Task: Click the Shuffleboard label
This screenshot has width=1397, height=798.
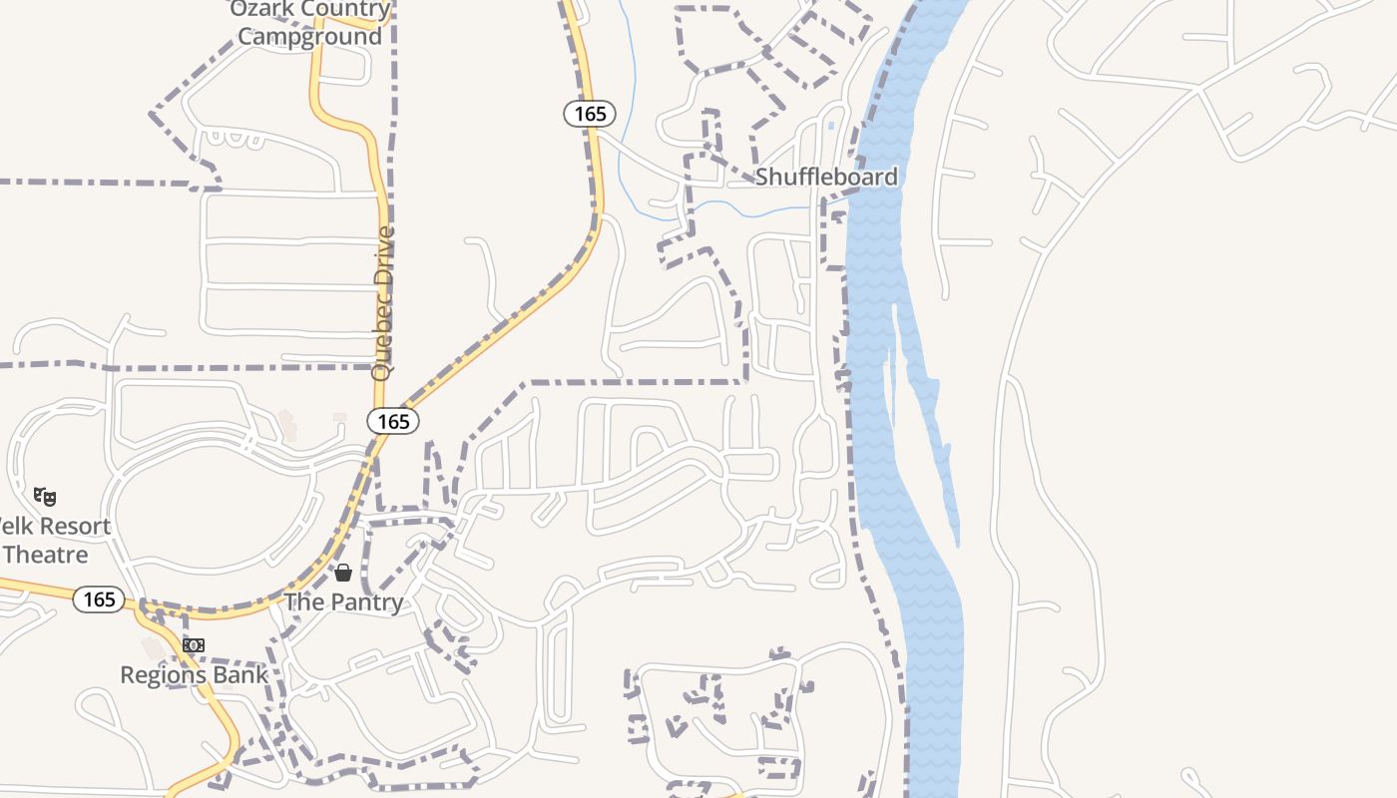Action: [x=826, y=177]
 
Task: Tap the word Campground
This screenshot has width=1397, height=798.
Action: [x=309, y=37]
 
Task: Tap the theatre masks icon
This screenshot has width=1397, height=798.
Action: [x=45, y=496]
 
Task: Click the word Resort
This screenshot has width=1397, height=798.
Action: [x=66, y=526]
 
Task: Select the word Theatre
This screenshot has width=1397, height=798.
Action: [x=46, y=555]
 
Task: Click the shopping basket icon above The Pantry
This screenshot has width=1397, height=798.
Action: [x=343, y=573]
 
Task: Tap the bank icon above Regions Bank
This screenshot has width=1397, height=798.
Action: [x=194, y=645]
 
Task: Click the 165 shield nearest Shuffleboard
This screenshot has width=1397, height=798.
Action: [x=590, y=114]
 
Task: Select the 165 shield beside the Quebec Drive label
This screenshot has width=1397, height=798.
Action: [x=393, y=422]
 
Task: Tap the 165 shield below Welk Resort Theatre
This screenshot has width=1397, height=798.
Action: [x=99, y=599]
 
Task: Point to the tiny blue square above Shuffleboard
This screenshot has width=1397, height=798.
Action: [x=831, y=126]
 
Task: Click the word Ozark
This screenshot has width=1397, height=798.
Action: [x=263, y=10]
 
